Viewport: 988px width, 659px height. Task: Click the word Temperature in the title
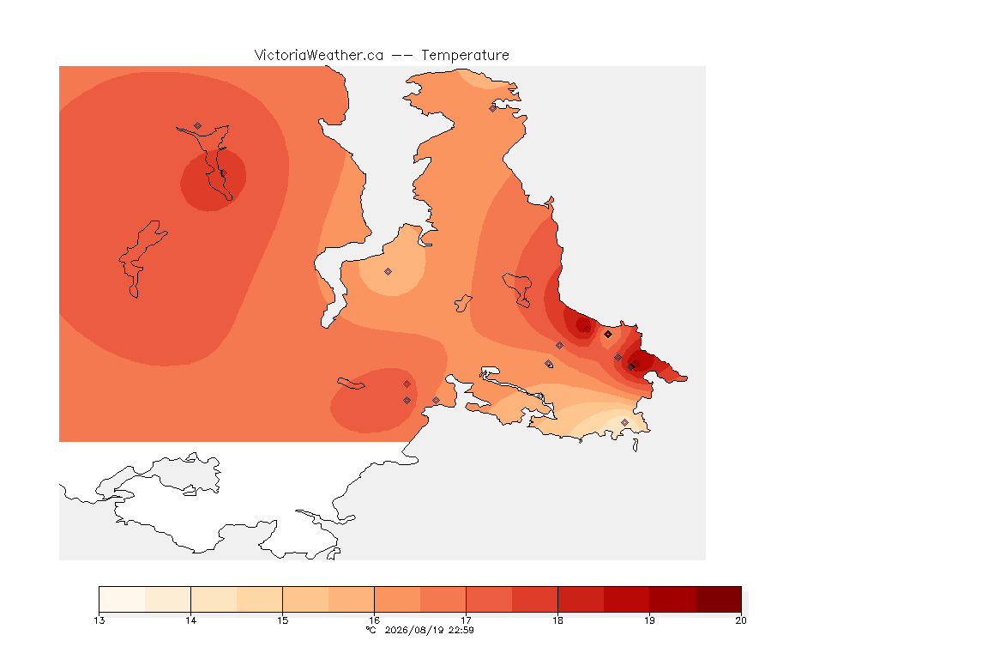point(465,56)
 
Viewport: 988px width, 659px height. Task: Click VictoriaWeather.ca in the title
point(319,56)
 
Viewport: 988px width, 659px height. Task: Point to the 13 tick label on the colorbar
point(99,620)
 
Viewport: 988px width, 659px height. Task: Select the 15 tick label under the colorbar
point(282,620)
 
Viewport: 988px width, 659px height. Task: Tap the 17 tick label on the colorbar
point(466,620)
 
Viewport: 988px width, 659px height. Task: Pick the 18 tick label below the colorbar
point(557,620)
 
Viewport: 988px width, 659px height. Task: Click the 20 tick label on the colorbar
point(741,620)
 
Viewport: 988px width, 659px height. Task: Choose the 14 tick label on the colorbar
point(191,620)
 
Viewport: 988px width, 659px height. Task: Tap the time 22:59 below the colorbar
point(461,630)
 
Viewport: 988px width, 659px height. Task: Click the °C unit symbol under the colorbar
point(371,630)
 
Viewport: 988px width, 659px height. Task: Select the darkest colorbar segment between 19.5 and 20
point(719,599)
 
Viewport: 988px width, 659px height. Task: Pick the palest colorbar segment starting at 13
point(123,599)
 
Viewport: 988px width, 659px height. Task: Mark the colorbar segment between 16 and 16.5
point(397,599)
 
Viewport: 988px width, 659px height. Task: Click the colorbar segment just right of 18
point(581,599)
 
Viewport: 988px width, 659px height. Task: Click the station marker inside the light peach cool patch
point(389,272)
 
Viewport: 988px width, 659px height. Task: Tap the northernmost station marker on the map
point(493,108)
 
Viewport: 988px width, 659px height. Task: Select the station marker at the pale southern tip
point(624,422)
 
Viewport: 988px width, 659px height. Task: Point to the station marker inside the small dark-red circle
point(223,172)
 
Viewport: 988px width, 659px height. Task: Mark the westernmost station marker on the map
point(198,126)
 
